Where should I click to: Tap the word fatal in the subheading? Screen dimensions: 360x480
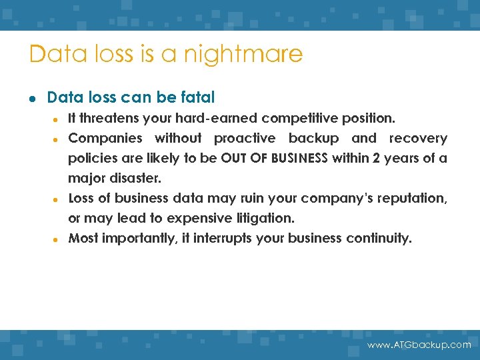point(197,98)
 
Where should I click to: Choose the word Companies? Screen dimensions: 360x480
point(105,138)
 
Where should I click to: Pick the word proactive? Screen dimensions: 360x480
point(244,138)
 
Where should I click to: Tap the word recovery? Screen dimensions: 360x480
point(418,138)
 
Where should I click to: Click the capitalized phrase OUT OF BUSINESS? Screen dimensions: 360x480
point(274,159)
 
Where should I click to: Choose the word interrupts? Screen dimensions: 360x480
point(225,239)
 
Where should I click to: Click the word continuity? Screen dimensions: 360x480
point(379,239)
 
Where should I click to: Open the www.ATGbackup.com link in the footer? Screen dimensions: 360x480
point(419,345)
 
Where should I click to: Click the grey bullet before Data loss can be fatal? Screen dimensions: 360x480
point(32,99)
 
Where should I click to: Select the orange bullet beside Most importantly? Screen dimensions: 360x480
point(58,239)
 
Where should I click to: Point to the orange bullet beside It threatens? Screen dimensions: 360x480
point(58,119)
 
